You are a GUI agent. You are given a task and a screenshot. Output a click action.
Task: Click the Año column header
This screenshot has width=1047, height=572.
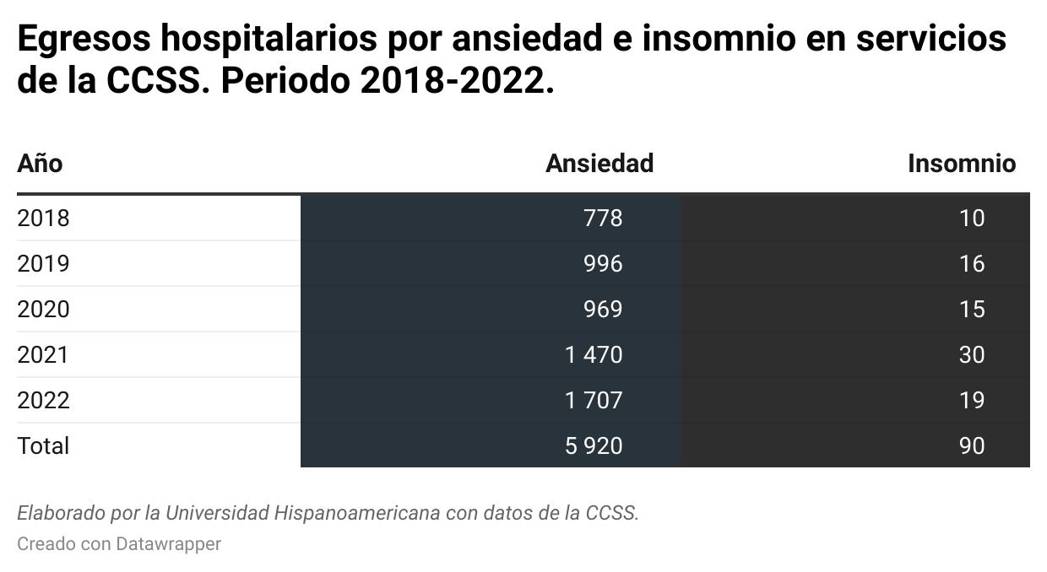(x=40, y=163)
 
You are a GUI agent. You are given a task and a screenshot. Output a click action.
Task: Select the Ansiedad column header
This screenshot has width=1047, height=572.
(x=599, y=163)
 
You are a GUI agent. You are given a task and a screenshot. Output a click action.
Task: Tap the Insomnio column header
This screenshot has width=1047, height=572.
(x=961, y=163)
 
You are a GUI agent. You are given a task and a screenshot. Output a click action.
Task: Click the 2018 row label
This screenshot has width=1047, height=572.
(x=43, y=219)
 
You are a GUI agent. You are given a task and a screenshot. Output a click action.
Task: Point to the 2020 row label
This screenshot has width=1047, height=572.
(x=43, y=310)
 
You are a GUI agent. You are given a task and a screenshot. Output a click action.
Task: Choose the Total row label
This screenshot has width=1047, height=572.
(x=43, y=445)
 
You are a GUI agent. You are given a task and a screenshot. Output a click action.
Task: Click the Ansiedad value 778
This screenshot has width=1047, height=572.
(x=603, y=219)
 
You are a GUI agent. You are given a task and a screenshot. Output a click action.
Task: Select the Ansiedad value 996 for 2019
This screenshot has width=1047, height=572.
(x=603, y=264)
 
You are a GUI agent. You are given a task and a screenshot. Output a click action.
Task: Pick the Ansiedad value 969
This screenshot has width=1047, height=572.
(x=603, y=310)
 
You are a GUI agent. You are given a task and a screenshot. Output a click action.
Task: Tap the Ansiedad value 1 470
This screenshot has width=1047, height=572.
(x=594, y=355)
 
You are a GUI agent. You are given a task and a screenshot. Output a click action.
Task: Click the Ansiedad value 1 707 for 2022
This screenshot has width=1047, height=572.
(x=594, y=400)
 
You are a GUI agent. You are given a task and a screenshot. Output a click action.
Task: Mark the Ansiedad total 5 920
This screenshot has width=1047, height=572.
(x=594, y=445)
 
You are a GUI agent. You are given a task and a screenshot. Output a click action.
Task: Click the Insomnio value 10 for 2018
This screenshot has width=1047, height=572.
(x=972, y=219)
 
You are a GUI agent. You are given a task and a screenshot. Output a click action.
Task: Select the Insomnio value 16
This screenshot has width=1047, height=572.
(x=972, y=264)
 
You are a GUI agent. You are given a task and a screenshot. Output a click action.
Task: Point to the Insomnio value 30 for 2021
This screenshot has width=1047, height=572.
(x=972, y=355)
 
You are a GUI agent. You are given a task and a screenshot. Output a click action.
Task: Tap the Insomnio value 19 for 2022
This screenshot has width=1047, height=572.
(x=972, y=400)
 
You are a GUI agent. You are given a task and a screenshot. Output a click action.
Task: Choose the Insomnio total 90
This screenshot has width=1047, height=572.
(x=972, y=445)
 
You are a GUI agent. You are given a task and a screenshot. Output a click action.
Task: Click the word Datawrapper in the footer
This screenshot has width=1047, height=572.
(x=168, y=544)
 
